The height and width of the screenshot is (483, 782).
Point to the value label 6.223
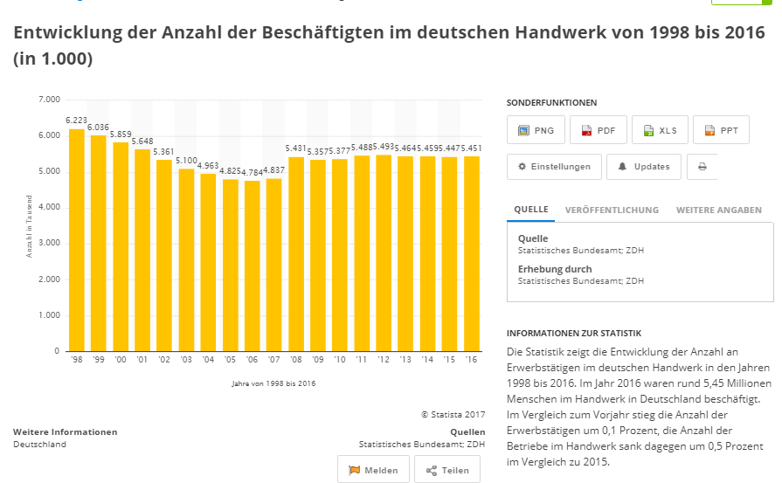point(76,120)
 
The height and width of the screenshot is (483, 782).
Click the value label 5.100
point(186,160)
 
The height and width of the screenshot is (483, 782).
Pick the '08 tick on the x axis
point(296,360)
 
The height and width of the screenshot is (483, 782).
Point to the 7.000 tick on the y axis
point(48,100)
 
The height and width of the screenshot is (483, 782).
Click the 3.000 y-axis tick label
point(48,244)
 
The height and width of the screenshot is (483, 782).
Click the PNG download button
point(536,130)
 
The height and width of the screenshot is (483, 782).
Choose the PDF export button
point(598,130)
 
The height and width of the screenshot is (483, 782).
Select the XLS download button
point(660,130)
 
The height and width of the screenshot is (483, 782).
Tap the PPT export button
point(721,130)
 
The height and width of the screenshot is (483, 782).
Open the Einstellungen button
point(554,167)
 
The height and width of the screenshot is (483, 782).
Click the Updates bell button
point(644,167)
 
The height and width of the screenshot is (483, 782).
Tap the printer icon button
point(702,167)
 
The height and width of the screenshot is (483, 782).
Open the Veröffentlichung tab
point(612,210)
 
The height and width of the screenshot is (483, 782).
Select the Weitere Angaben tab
point(718,210)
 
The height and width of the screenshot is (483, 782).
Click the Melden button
point(373,470)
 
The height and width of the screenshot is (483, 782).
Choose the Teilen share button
point(447,470)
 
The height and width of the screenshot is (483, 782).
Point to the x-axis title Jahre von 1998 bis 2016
point(273,383)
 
